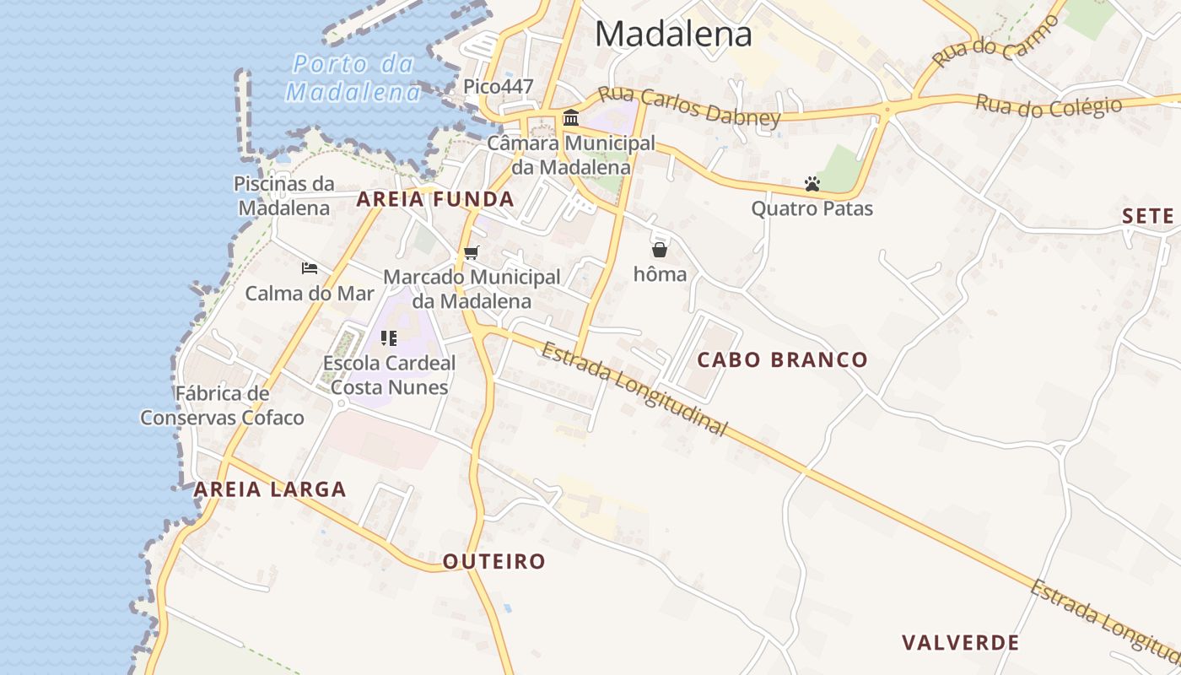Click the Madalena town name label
coord(673,34)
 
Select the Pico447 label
coord(498,86)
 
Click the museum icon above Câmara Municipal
coord(571,117)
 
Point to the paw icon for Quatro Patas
coord(812,184)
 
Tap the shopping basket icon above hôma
coord(660,250)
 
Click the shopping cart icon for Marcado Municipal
coord(471,252)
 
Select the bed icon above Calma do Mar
coord(310,268)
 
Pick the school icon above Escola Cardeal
coord(389,338)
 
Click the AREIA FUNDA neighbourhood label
coord(434,199)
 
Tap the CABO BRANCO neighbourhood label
coord(782,359)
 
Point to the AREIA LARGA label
coord(270,489)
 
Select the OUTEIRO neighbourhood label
coord(494,561)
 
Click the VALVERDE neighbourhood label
coord(960,643)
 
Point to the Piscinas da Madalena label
coord(283,196)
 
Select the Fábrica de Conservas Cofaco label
coord(222,405)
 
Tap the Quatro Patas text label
coord(812,208)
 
